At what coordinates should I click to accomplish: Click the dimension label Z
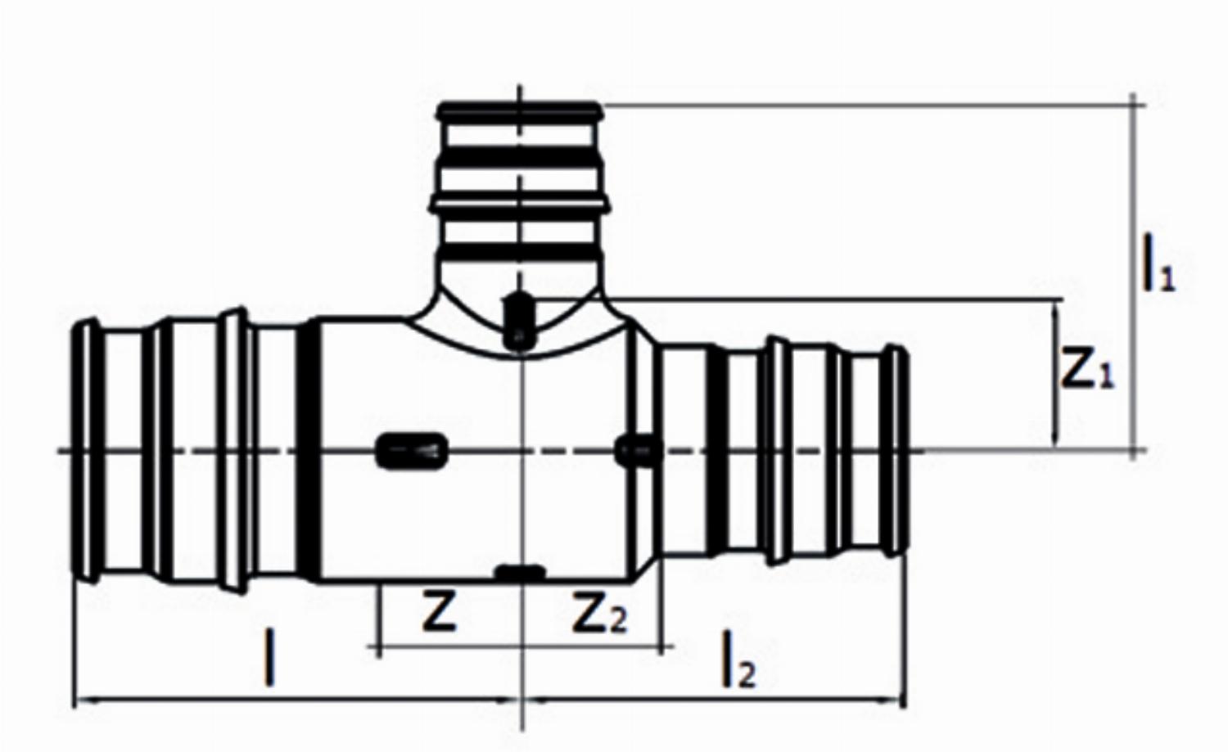[439, 613]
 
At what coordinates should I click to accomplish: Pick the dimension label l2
[738, 660]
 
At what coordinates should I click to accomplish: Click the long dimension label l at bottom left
[269, 657]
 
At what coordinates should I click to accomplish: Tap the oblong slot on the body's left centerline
[412, 451]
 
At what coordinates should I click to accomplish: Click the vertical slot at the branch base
[518, 321]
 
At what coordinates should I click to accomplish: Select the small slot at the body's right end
[638, 450]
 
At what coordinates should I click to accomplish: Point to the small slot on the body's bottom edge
[520, 572]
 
